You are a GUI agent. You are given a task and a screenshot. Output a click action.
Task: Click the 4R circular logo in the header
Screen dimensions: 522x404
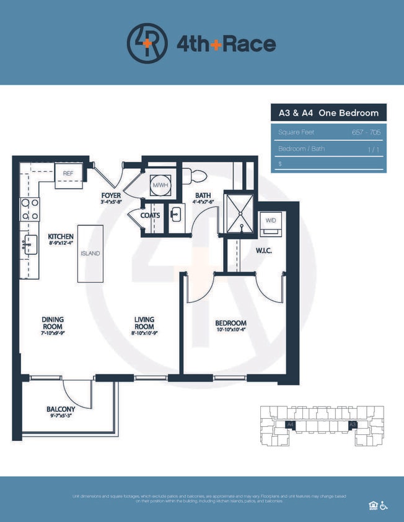147,43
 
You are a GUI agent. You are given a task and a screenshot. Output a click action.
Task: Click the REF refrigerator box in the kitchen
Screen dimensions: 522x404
68,174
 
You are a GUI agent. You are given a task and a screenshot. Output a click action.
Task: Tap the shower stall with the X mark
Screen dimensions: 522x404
239,213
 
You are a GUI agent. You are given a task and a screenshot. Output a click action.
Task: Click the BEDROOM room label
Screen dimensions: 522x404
231,323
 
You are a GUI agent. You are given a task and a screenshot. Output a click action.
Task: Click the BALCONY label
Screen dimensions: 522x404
61,409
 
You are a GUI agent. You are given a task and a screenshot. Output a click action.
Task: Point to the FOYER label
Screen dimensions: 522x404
111,195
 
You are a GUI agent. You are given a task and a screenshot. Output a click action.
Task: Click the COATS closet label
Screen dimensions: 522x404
150,215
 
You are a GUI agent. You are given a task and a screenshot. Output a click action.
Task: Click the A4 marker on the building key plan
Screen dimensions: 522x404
289,424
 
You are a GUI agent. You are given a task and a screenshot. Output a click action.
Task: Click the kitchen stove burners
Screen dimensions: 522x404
30,210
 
